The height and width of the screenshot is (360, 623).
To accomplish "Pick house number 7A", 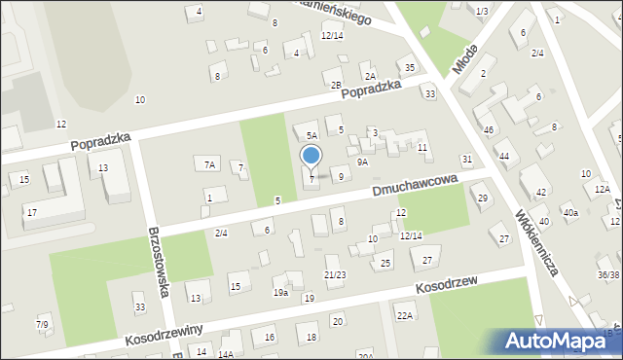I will point(209,164).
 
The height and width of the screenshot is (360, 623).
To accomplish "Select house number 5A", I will point(311,136).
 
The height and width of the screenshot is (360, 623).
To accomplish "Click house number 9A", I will point(362,162).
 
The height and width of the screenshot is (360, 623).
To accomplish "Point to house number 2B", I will point(336,86).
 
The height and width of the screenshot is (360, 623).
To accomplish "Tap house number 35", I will point(410,67).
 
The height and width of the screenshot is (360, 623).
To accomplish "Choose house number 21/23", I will point(335,275).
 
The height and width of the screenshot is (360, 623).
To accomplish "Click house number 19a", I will point(280,292).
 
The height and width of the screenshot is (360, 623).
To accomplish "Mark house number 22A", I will point(405,315).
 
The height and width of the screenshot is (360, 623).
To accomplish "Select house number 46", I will point(489,129).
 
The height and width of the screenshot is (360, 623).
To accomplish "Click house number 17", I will point(32,212).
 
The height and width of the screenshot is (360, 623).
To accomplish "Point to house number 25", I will point(385,264).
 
